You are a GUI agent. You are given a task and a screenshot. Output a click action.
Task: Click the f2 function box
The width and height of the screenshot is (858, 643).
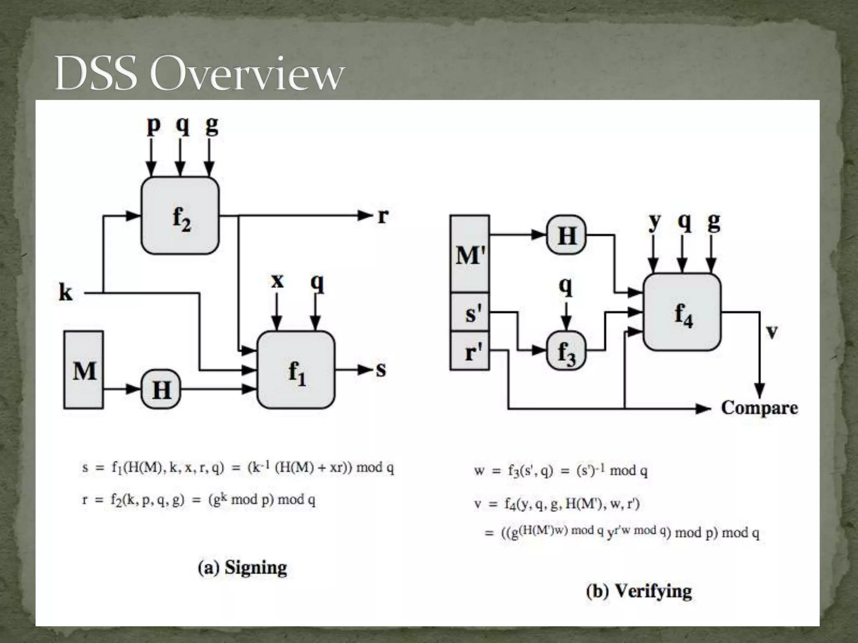(181, 216)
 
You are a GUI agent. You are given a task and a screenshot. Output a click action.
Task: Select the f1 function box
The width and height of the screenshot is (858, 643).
(296, 370)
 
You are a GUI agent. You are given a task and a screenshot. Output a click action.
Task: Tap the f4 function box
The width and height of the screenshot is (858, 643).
(682, 312)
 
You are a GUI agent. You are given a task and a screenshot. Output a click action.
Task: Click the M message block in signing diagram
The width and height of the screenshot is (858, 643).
(84, 370)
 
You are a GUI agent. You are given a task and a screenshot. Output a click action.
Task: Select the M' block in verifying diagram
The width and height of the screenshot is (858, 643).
(470, 254)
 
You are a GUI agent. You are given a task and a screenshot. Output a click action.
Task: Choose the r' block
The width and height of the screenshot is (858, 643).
(470, 351)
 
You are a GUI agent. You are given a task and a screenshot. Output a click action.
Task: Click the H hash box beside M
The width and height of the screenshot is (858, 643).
(161, 390)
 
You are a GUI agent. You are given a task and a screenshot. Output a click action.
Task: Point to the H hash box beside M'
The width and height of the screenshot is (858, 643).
(566, 235)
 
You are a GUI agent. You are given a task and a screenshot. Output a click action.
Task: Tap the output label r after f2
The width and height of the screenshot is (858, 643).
(382, 216)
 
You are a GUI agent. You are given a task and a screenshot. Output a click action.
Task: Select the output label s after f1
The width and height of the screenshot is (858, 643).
(380, 370)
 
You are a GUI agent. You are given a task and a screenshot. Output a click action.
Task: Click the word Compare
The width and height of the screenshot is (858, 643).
(759, 407)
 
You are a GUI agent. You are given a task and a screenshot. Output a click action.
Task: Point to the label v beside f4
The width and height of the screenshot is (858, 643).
(771, 332)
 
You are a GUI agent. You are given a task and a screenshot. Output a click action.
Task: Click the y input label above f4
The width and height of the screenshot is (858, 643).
(654, 222)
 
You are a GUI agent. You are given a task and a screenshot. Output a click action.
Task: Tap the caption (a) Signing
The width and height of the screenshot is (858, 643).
(242, 568)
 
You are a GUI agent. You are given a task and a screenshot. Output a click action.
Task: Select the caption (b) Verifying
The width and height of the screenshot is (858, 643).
(639, 591)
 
